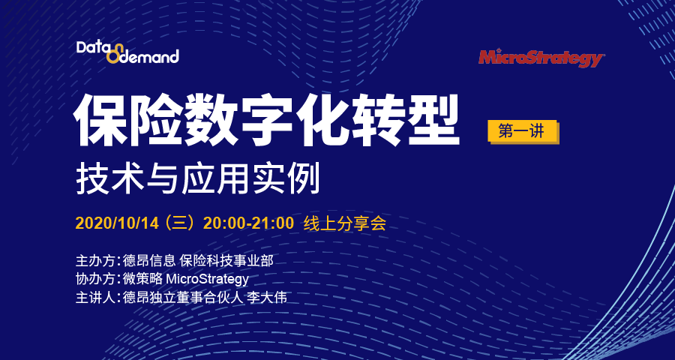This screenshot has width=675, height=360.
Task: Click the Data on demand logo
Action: [x=127, y=52]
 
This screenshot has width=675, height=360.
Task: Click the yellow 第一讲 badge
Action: [x=523, y=132]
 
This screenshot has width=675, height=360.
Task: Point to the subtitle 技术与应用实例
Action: [x=198, y=179]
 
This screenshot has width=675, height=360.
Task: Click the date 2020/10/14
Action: [x=118, y=224]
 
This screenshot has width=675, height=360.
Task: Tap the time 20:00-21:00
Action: [x=248, y=224]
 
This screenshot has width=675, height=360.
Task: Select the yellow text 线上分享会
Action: [x=345, y=224]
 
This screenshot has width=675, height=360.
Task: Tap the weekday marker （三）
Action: [x=180, y=224]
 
